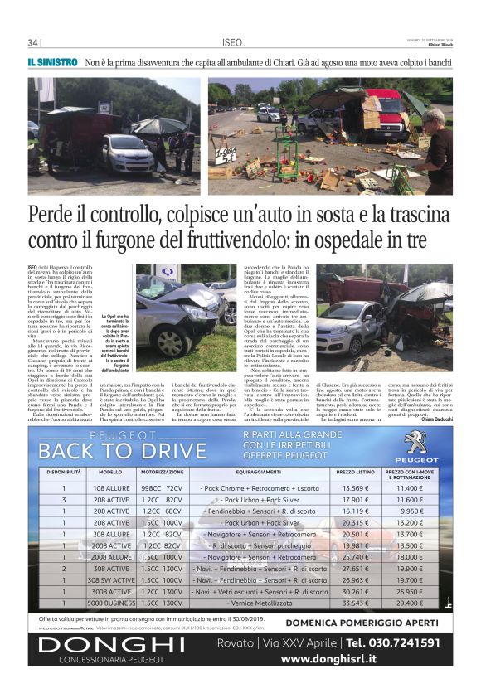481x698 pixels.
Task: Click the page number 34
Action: (x=33, y=43)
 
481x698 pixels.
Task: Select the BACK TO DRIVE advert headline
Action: (x=122, y=450)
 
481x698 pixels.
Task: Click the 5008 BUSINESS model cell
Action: (x=110, y=603)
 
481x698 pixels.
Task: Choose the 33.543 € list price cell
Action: (x=355, y=603)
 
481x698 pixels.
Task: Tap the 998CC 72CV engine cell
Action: (x=161, y=488)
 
